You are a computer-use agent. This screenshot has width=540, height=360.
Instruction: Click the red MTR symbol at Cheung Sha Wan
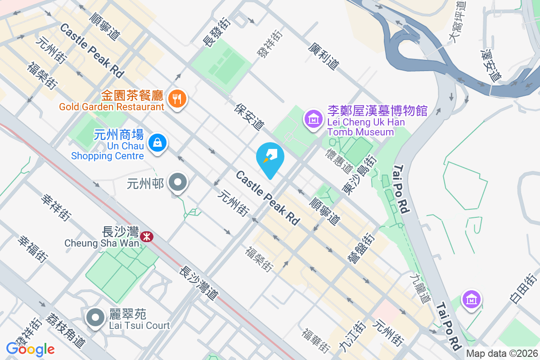point(146,236)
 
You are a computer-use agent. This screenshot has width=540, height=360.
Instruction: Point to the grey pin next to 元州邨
point(178,183)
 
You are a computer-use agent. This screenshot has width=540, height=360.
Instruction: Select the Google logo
point(31,349)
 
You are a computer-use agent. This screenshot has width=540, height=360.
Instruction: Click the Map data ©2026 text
point(501,353)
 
